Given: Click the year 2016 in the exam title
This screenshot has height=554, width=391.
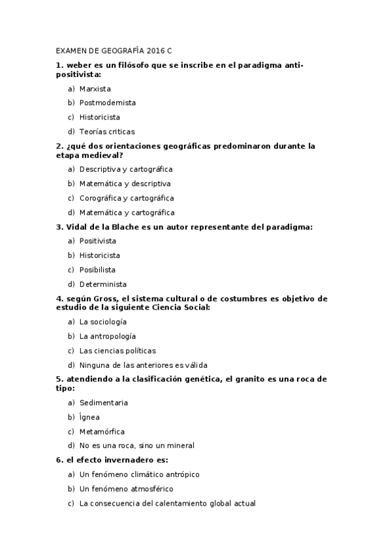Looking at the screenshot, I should pos(156,50).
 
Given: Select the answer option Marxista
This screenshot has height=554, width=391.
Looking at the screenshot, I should pos(95,88).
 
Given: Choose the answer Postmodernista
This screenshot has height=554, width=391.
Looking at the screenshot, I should pos(108,103).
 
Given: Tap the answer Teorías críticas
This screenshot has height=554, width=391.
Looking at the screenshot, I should pos(107,131).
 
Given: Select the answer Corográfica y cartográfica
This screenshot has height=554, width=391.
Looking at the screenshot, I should pos(127,198).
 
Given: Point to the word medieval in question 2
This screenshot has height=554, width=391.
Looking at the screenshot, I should pos(102,155).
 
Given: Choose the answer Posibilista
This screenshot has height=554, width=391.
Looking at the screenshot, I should pos(98,270).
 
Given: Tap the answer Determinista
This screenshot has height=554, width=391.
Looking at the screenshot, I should pos(103,284).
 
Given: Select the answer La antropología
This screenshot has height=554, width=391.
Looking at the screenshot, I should pos(108,336).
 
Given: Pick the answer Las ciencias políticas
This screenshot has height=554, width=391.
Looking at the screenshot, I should pos(117,351).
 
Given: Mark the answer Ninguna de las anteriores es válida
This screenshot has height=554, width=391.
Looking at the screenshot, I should pos(143,365).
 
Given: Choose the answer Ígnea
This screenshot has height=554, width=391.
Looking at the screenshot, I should pos(89,417).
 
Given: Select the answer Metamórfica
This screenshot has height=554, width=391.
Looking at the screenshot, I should pos(102,432).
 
